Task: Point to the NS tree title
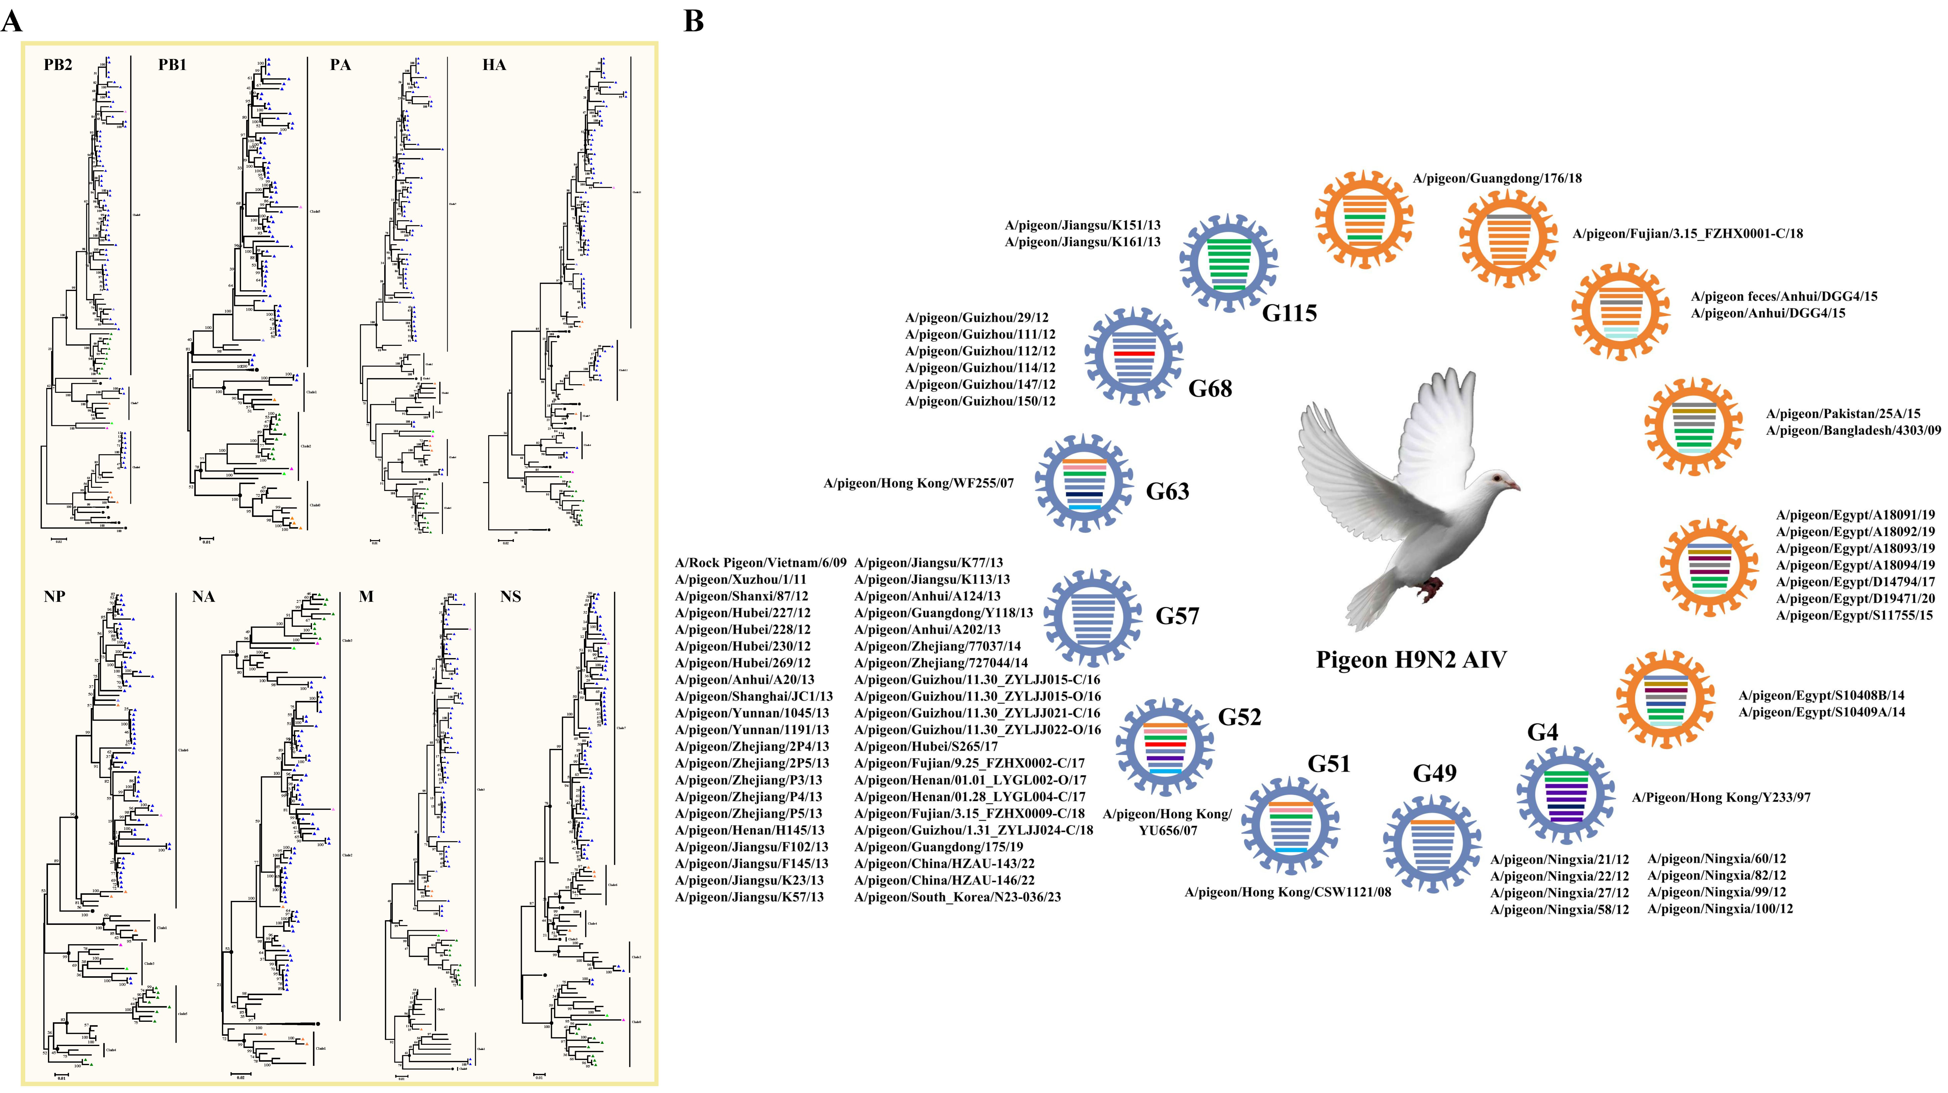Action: click(x=510, y=597)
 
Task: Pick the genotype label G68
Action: click(x=1210, y=389)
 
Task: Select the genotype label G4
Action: click(x=1543, y=732)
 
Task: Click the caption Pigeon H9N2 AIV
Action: click(x=1411, y=660)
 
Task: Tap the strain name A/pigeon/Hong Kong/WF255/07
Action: click(x=918, y=483)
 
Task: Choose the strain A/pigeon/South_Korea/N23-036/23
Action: click(x=957, y=897)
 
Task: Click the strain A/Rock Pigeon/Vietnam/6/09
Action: click(x=760, y=563)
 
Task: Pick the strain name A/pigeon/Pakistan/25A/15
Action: click(x=1843, y=414)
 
